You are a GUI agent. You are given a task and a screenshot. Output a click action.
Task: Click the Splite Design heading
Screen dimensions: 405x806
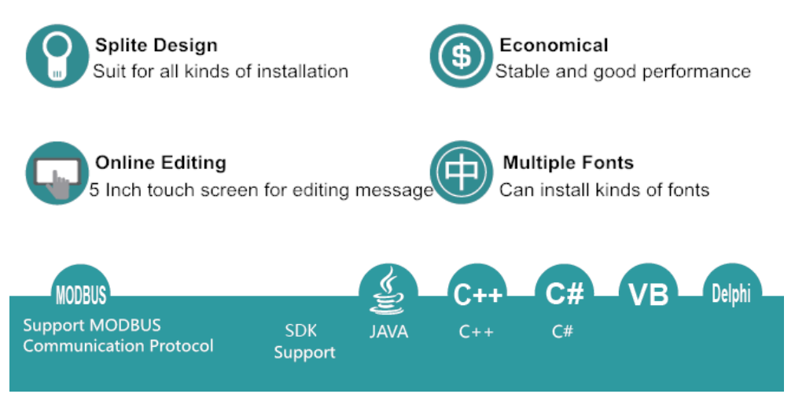click(156, 45)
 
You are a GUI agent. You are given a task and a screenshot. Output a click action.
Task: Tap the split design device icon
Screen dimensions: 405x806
click(56, 56)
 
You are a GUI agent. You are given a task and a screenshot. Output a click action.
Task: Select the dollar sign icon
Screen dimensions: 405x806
click(461, 56)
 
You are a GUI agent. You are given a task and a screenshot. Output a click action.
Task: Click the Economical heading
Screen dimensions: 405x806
click(554, 45)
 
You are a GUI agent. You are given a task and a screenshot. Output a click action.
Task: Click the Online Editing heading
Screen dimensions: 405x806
click(160, 163)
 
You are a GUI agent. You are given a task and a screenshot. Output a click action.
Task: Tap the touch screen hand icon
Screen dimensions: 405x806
click(56, 174)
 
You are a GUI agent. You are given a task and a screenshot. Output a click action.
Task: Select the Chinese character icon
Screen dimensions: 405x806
click(461, 172)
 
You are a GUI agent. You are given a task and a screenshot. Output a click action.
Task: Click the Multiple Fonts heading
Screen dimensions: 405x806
click(568, 163)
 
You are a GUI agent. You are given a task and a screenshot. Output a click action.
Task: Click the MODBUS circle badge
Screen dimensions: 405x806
click(80, 294)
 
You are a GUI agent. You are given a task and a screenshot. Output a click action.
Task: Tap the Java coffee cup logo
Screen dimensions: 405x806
click(388, 291)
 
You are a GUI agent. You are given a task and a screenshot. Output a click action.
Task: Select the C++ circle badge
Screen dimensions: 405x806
click(477, 294)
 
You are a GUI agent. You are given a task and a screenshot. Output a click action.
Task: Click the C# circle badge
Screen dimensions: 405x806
click(565, 294)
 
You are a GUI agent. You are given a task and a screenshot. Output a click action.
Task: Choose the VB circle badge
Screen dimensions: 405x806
click(649, 294)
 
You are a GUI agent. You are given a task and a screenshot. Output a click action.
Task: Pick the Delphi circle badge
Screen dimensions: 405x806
click(731, 294)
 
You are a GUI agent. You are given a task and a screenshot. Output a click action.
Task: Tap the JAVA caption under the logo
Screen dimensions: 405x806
click(388, 332)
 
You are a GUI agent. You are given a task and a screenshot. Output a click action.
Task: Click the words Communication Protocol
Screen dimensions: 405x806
click(118, 346)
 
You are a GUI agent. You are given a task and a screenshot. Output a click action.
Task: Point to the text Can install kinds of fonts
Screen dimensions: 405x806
click(604, 190)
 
